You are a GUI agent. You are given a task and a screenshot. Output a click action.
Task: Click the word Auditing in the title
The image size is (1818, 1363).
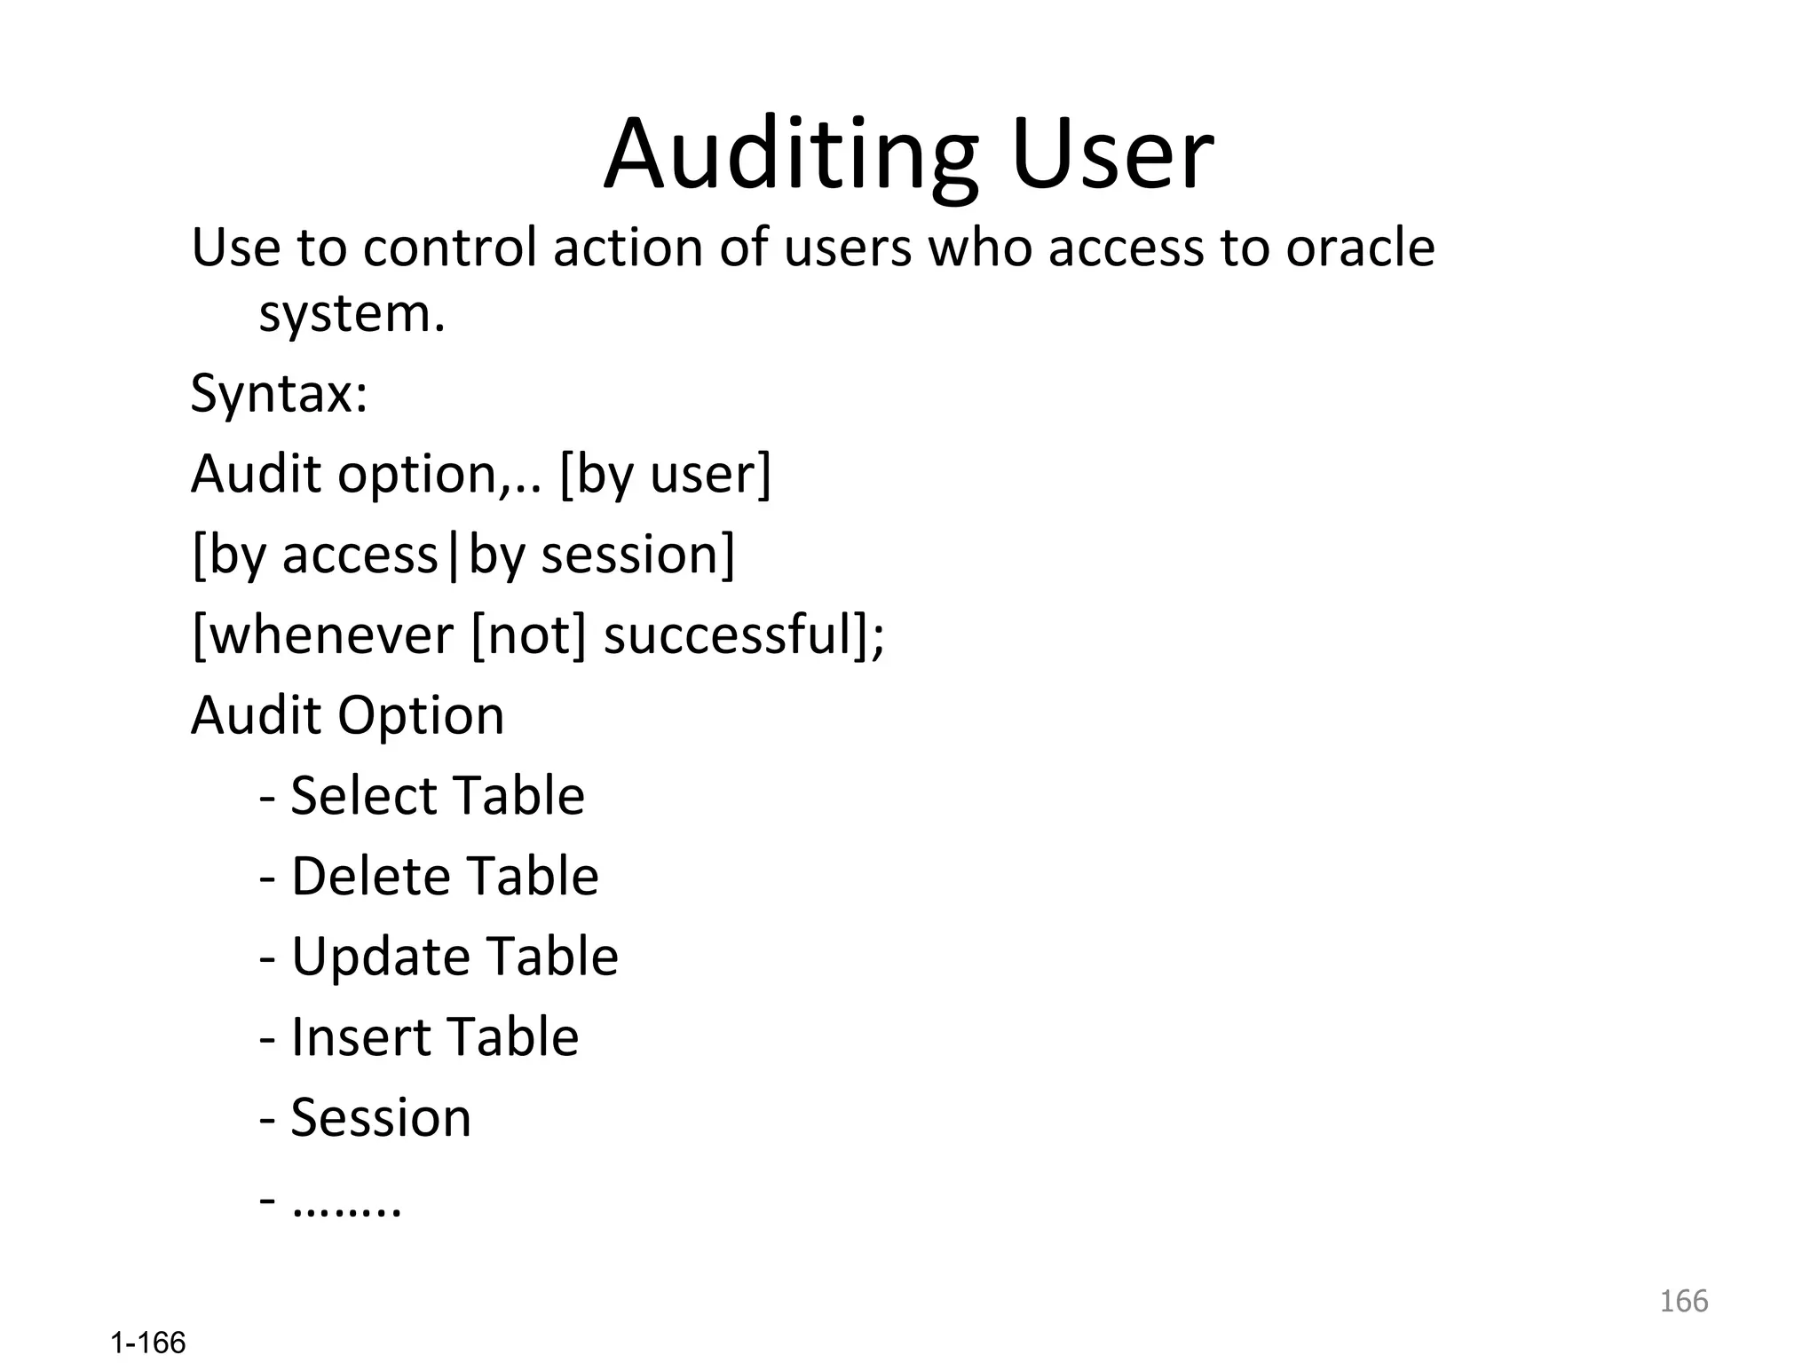(790, 155)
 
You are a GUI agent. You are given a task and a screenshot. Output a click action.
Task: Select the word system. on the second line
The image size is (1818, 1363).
(352, 314)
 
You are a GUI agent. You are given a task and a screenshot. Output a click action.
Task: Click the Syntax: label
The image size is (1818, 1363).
(279, 393)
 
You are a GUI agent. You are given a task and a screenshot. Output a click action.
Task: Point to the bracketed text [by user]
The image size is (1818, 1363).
(665, 474)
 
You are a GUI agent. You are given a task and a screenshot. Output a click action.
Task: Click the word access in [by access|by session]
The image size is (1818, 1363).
(360, 555)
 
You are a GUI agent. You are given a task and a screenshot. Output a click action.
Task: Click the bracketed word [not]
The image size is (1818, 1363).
(529, 635)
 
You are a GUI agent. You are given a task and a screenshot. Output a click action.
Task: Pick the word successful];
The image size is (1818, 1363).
(744, 635)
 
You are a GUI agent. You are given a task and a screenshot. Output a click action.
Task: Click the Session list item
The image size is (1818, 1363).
(380, 1117)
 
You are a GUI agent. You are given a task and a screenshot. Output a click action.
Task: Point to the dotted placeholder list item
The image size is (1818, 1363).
(346, 1203)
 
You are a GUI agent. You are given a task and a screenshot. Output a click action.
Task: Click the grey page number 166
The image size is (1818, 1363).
(1683, 1301)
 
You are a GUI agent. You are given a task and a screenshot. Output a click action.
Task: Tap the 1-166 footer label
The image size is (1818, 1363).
(148, 1343)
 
